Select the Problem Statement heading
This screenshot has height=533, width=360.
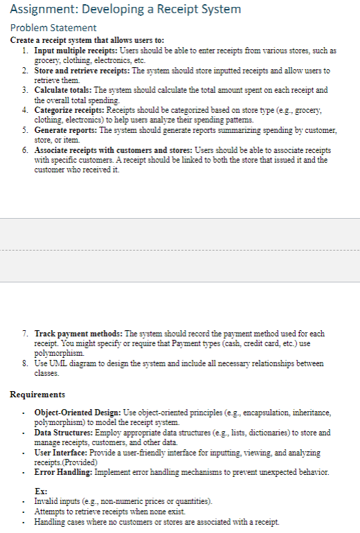pos(53,28)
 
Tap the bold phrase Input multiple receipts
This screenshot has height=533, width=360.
pos(75,51)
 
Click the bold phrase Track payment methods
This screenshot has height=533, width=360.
pos(77,334)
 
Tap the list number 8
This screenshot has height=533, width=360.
pos(25,363)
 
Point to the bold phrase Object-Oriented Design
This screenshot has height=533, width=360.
pos(76,413)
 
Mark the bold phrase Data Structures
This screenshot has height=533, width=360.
pos(63,433)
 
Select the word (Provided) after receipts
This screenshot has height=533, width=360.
pos(77,462)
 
